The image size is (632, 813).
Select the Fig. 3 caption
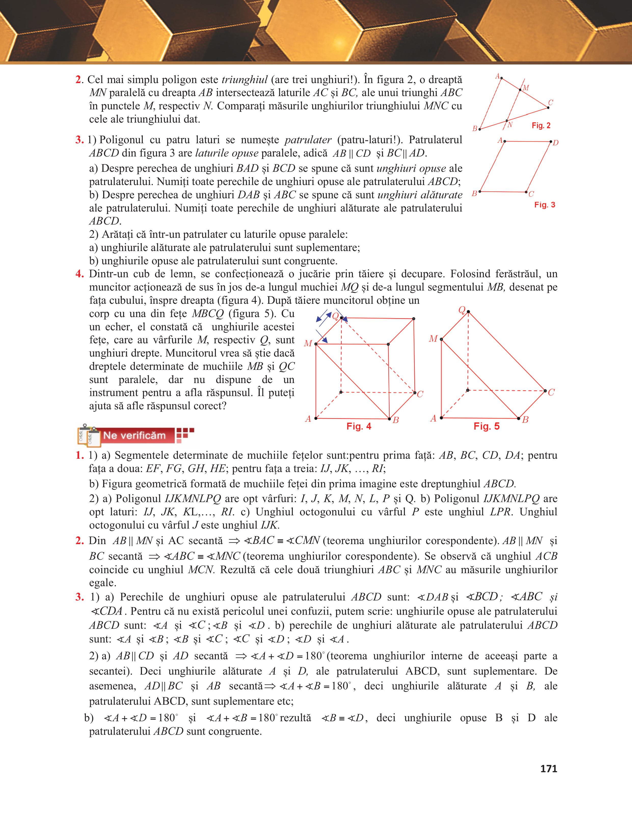pos(545,205)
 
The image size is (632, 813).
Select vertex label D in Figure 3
pos(556,142)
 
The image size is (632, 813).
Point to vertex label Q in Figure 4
pos(335,317)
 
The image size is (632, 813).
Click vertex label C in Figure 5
pos(551,392)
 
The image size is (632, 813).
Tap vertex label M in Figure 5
pos(433,339)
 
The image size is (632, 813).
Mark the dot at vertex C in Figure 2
pos(548,108)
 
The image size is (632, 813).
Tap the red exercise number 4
pos(79,274)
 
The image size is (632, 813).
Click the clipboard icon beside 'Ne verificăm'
pos(89,435)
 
